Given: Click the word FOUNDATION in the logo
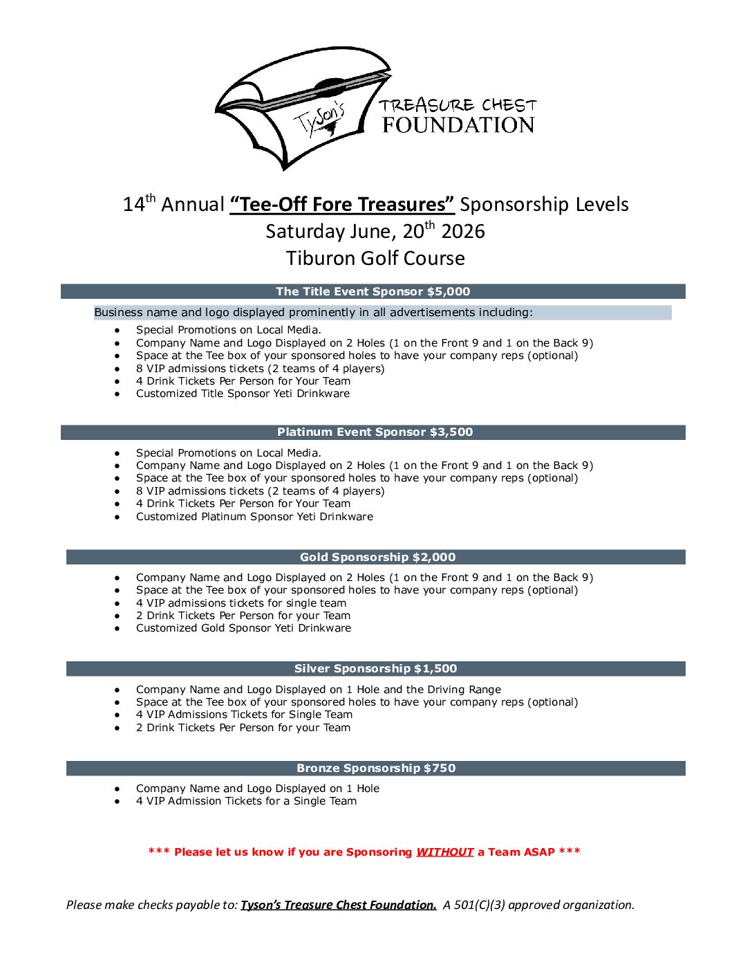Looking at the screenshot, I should [x=458, y=125].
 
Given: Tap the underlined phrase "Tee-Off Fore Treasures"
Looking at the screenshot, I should [x=342, y=205].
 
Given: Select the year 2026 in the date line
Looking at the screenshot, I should [x=463, y=232].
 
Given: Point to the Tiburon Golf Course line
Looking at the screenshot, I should [x=375, y=259].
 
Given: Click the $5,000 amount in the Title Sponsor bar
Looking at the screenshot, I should [x=449, y=292].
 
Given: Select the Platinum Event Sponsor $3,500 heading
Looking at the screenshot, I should [x=375, y=432].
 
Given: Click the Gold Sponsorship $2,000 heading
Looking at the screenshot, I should [x=377, y=558].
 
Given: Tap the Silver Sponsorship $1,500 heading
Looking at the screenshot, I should [x=375, y=669].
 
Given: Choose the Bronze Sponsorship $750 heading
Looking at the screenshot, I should [x=376, y=769].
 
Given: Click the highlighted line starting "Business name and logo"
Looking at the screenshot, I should [x=313, y=313].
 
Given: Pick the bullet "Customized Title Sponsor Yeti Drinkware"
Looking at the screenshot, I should [x=243, y=394].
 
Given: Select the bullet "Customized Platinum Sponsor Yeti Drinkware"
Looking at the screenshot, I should [x=254, y=517].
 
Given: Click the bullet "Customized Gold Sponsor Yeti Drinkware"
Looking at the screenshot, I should [x=243, y=628].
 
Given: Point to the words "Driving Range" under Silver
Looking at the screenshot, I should [x=464, y=690].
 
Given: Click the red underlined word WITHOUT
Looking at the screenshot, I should [x=444, y=852].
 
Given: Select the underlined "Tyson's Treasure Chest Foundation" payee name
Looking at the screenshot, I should [x=338, y=905].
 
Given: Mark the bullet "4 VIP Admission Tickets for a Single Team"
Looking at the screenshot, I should [x=246, y=801].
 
